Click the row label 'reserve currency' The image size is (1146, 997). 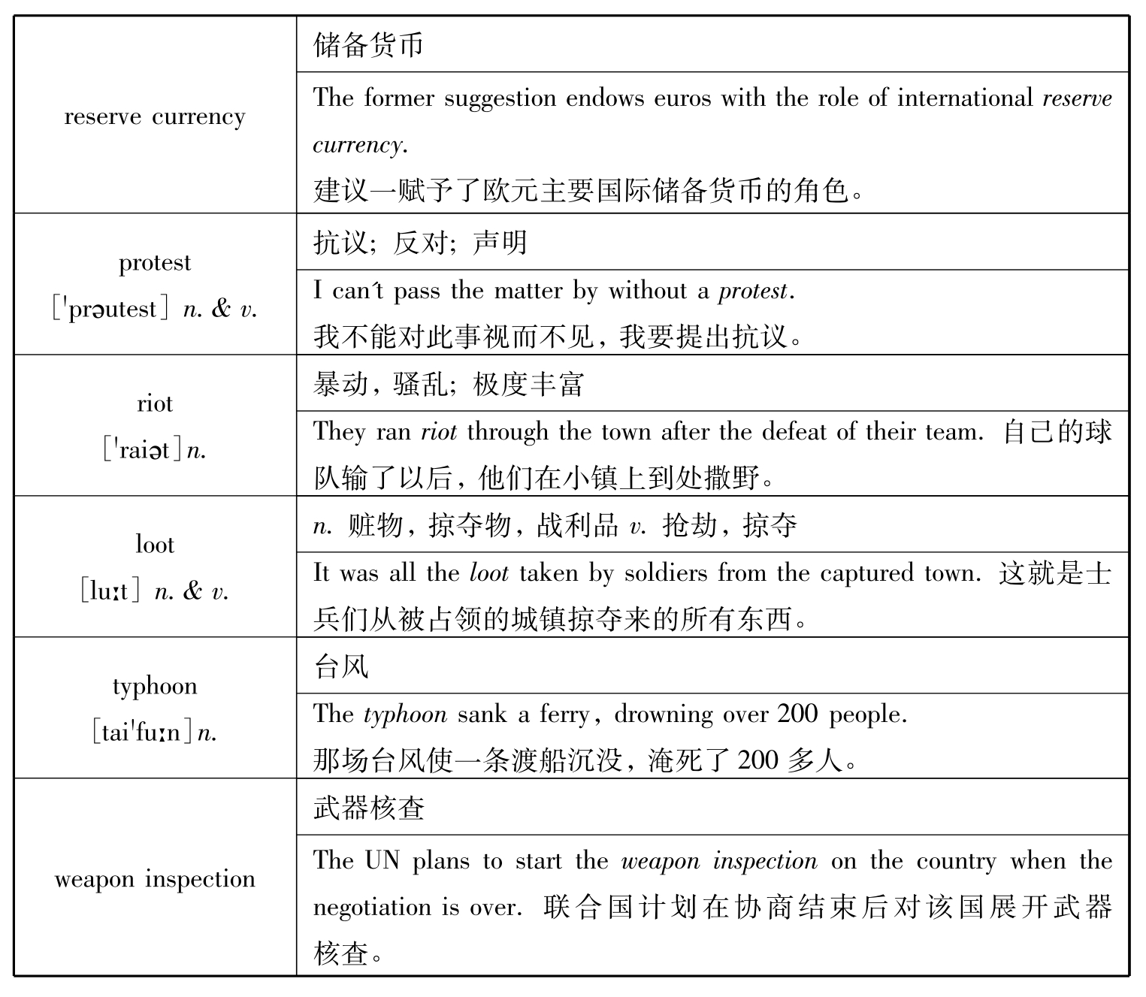(155, 117)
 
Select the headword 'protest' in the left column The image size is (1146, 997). (155, 263)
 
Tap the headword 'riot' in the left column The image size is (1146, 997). (155, 404)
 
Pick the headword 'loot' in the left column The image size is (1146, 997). (155, 545)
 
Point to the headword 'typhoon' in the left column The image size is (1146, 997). (155, 686)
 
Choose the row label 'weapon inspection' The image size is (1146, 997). (155, 879)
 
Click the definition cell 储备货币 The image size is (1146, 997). (368, 45)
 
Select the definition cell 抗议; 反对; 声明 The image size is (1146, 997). (420, 243)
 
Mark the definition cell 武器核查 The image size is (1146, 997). (369, 808)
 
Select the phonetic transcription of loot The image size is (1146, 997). (110, 592)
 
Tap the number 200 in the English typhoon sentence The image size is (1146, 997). (797, 714)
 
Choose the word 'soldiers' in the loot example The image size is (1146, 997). (655, 573)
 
